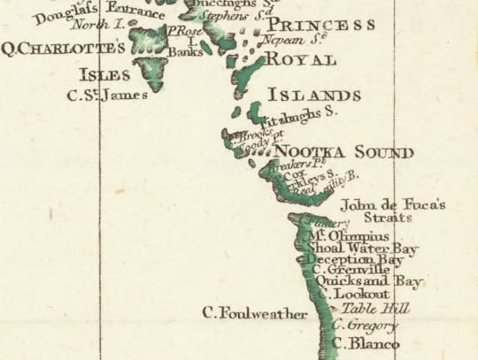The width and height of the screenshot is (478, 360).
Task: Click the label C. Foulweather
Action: click(x=255, y=313)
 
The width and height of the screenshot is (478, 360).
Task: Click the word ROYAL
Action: click(x=300, y=60)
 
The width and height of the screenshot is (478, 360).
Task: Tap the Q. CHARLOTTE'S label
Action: click(x=65, y=47)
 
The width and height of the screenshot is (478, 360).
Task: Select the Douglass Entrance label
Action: click(x=100, y=13)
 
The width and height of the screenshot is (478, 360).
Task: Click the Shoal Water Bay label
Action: click(x=362, y=249)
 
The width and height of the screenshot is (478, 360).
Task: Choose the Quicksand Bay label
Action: click(x=370, y=282)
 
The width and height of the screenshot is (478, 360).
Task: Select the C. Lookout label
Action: click(x=354, y=294)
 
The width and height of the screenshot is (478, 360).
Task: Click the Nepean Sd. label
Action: click(x=288, y=40)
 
